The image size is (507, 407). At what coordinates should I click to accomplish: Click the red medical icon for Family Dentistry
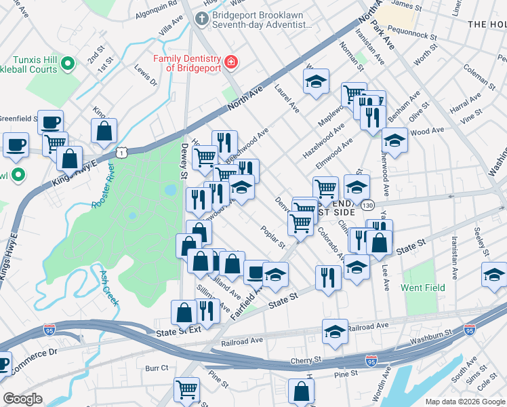[x=231, y=62]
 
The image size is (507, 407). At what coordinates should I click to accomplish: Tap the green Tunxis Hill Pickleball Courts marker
[x=67, y=64]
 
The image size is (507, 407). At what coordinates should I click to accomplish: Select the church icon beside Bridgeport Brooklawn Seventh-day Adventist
[x=201, y=19]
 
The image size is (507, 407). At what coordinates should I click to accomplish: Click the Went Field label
[x=424, y=288]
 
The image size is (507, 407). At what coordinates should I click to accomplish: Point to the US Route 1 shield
[x=121, y=155]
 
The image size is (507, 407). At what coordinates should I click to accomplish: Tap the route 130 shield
[x=367, y=204]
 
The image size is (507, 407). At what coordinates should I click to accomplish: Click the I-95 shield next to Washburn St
[x=469, y=330]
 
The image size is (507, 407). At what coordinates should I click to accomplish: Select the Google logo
[x=23, y=398]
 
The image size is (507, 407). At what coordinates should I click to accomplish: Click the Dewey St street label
[x=184, y=161]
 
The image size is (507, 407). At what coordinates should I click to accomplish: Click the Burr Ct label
[x=156, y=368]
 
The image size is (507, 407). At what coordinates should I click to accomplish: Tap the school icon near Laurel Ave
[x=315, y=81]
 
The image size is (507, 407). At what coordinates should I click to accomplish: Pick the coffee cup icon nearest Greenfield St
[x=50, y=121]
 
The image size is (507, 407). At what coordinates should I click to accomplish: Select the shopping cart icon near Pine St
[x=186, y=389]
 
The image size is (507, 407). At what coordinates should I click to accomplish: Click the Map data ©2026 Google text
[x=464, y=401]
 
